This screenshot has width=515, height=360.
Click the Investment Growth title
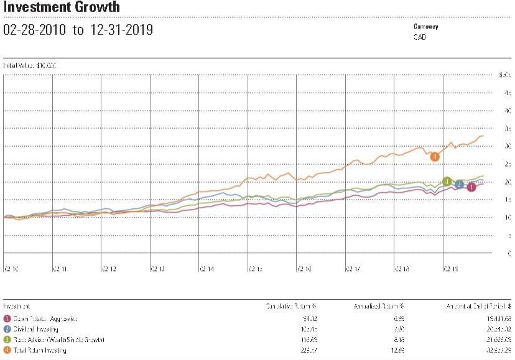point(62,8)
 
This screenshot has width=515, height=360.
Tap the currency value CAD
point(420,37)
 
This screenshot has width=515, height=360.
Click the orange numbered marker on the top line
point(435,157)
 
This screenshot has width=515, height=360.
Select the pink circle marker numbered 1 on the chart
point(471,187)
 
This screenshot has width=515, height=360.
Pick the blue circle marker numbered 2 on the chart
point(459,184)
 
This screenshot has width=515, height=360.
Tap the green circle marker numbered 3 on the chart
point(447,182)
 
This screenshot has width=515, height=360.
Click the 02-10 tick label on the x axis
point(11,269)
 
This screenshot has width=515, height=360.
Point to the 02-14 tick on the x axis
point(206,269)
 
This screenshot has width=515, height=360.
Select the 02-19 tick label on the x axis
point(451,269)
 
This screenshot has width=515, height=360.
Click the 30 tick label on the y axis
point(508,147)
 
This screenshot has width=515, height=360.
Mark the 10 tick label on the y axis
point(508,218)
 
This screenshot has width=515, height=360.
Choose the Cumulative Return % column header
point(291,307)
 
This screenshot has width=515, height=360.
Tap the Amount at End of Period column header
point(479,307)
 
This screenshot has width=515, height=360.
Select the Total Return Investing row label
point(39,350)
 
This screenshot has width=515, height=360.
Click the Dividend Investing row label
point(35,329)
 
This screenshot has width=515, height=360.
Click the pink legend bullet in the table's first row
point(6,318)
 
